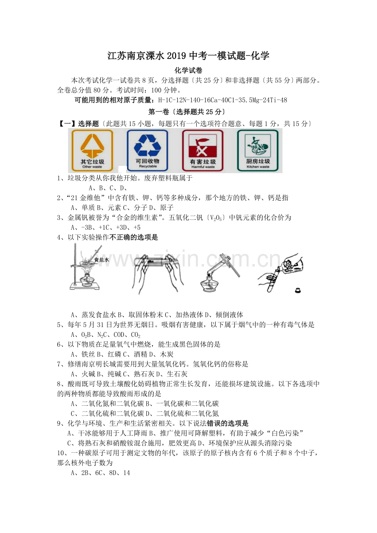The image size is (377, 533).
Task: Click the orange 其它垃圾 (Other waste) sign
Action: [x=92, y=150]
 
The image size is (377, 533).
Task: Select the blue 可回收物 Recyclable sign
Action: [x=148, y=150]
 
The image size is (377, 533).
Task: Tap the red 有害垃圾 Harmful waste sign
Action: [x=202, y=150]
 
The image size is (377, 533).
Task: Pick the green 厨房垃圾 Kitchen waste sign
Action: [x=258, y=150]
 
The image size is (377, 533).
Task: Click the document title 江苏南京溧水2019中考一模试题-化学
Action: [x=188, y=56]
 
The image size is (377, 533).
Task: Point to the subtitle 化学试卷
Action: [x=188, y=70]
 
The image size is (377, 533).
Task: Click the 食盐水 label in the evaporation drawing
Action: [x=102, y=260]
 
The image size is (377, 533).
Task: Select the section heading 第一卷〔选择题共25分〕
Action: [x=186, y=112]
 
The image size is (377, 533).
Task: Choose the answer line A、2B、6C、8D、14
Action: [x=100, y=473]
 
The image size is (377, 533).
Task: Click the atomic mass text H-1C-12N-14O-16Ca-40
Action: [x=197, y=100]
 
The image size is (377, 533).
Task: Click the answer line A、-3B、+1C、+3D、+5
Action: [x=106, y=228]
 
